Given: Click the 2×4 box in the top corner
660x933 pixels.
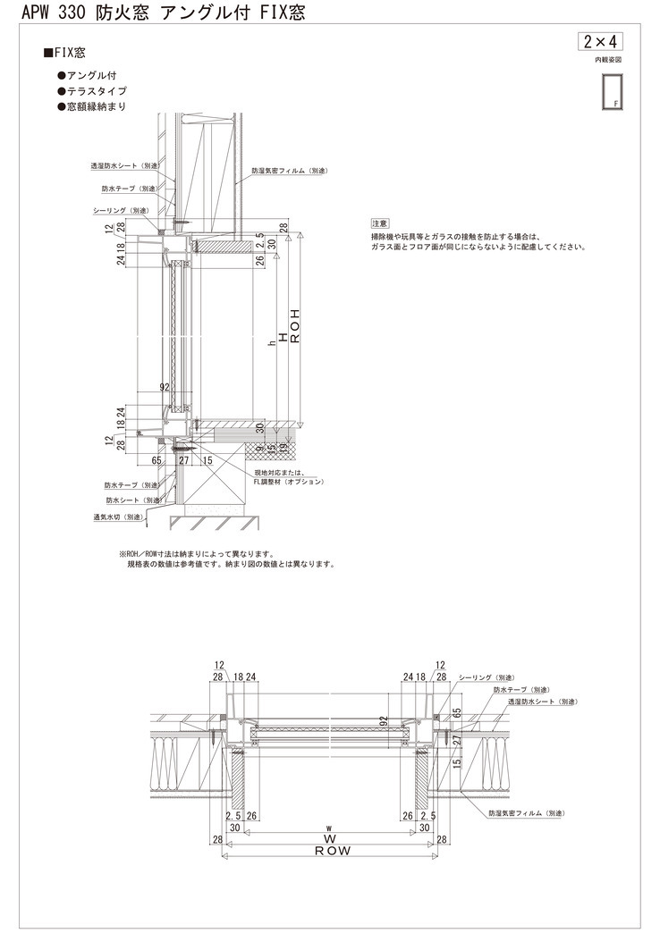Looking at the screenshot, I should [601, 42].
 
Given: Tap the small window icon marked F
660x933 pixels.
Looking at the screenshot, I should [613, 92].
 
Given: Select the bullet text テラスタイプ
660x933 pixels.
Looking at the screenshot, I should [96, 91].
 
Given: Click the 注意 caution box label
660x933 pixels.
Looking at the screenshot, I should [379, 223].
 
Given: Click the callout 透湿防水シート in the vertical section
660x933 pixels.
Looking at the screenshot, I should [125, 165].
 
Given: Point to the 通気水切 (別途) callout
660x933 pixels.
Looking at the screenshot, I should [119, 517].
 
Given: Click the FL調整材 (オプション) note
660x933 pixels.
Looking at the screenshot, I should [288, 482].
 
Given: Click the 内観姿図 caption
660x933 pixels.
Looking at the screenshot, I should [607, 60].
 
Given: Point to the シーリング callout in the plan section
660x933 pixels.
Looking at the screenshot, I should [487, 678].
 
